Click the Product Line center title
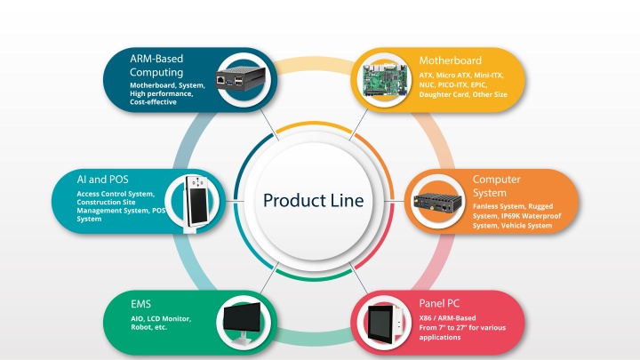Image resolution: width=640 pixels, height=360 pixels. pyautogui.click(x=313, y=200)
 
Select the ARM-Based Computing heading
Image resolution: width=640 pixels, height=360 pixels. pyautogui.click(x=156, y=65)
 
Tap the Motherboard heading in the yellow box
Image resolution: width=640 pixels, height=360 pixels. pyautogui.click(x=450, y=60)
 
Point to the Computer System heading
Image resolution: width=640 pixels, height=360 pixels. pyautogui.click(x=496, y=186)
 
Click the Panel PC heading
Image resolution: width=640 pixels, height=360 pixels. pyautogui.click(x=439, y=303)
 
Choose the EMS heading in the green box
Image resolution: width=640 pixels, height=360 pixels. pyautogui.click(x=140, y=304)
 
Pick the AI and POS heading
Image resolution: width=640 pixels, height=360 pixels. pyautogui.click(x=102, y=180)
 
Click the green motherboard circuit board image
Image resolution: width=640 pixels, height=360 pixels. pyautogui.click(x=384, y=81)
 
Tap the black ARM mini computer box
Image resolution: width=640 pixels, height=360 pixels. pyautogui.click(x=240, y=79)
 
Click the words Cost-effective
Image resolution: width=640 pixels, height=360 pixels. pyautogui.click(x=153, y=102)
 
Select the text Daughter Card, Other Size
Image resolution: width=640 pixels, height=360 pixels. pyautogui.click(x=463, y=94)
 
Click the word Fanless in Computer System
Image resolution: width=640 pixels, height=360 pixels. pyautogui.click(x=485, y=206)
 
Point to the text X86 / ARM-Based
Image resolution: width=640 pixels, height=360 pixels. pyautogui.click(x=447, y=318)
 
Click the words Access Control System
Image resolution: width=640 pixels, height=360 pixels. pyautogui.click(x=116, y=194)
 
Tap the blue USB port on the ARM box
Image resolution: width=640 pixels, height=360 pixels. pyautogui.click(x=229, y=82)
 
